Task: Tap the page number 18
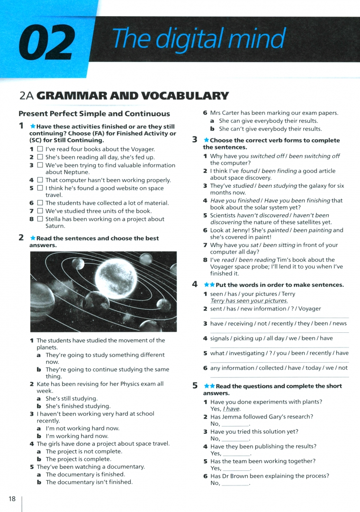click(x=12, y=498)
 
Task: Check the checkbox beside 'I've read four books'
click(x=40, y=149)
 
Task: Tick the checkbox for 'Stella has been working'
click(x=40, y=219)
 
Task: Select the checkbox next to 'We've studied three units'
click(x=40, y=211)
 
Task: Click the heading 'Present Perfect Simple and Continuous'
click(x=94, y=114)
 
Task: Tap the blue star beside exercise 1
click(x=32, y=127)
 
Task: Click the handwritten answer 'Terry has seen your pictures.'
click(x=249, y=301)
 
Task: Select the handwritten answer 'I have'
click(x=231, y=409)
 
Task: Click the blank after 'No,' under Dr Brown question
click(x=235, y=484)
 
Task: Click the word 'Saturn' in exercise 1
click(x=55, y=226)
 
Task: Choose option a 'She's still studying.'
click(x=71, y=399)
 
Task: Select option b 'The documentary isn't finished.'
click(x=89, y=482)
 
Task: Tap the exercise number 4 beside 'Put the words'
click(x=195, y=284)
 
